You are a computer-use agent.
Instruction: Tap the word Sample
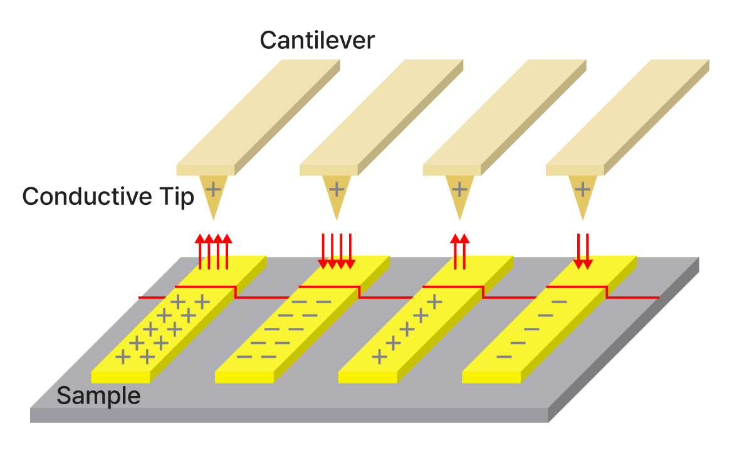tap(98, 396)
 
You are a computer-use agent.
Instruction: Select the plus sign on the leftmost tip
tap(213, 188)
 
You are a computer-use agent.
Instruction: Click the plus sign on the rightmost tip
tap(583, 188)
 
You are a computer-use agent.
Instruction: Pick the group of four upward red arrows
tap(213, 251)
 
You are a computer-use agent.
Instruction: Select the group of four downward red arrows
tap(337, 251)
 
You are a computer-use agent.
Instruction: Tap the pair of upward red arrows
tap(459, 251)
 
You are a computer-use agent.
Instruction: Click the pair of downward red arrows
tap(583, 251)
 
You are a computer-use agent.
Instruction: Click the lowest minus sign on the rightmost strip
tap(504, 357)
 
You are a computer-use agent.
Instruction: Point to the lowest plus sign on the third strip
tap(379, 357)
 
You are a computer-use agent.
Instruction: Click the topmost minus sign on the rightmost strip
tap(560, 302)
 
